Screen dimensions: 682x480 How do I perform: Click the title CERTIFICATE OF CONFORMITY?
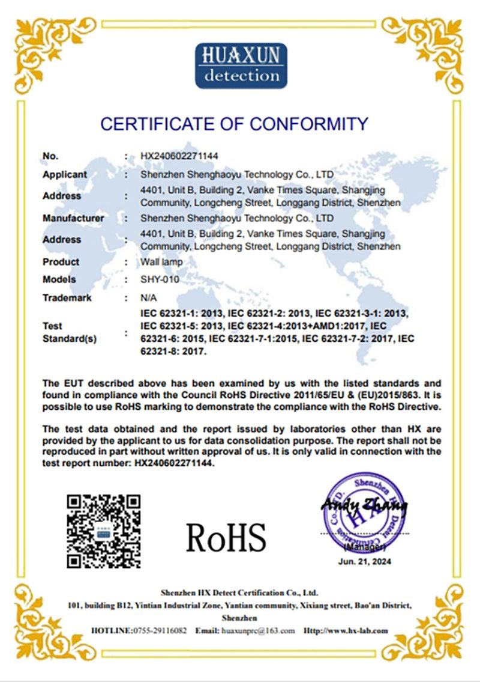[233, 124]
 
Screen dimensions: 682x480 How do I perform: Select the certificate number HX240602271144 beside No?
[179, 156]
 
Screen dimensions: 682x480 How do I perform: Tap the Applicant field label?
[65, 174]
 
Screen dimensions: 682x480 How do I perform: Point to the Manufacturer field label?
[73, 218]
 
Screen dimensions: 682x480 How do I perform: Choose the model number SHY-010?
[160, 279]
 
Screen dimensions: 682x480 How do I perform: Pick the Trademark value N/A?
[148, 297]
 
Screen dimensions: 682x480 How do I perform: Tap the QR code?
[104, 531]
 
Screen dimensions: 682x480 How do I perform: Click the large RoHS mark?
[226, 537]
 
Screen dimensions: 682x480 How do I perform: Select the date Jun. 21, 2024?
[364, 562]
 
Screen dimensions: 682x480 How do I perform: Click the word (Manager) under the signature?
[365, 547]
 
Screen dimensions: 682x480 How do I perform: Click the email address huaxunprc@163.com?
[258, 630]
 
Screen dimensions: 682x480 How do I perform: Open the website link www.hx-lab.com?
[354, 630]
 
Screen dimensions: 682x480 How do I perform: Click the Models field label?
[59, 279]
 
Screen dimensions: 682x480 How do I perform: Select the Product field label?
[61, 262]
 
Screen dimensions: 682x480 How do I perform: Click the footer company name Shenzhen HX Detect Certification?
[239, 592]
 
